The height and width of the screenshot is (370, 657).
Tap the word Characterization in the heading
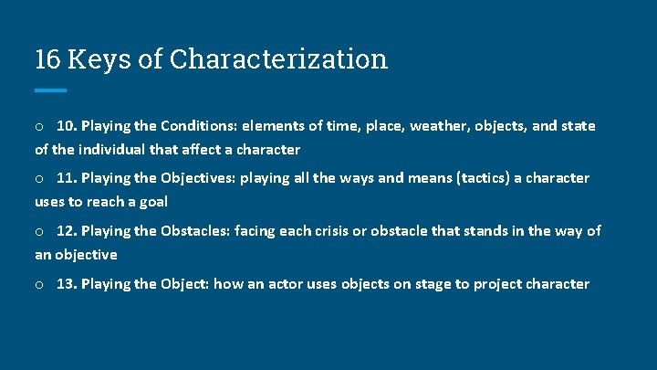point(278,59)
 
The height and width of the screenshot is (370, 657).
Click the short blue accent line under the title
point(50,90)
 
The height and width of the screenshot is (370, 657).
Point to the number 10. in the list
point(67,125)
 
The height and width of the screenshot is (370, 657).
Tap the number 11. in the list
point(67,178)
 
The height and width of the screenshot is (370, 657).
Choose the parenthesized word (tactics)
point(462,178)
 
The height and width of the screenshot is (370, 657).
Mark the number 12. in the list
point(67,231)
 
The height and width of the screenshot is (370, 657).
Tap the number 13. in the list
point(67,284)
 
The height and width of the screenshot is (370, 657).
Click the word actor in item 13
point(285,284)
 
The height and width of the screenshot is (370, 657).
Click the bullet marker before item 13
point(40,285)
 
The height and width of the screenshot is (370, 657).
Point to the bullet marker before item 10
point(40,126)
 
